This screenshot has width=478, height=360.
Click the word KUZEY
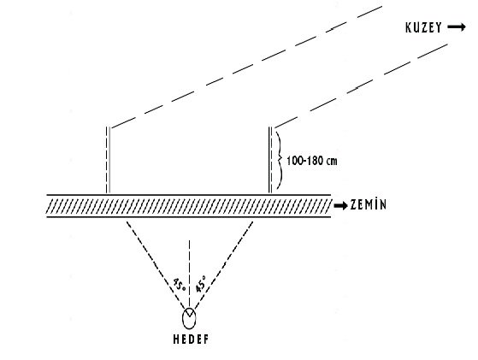(423, 27)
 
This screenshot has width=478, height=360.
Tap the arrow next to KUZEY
(457, 27)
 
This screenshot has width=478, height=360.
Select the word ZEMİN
(369, 204)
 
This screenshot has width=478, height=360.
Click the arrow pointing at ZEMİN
(340, 206)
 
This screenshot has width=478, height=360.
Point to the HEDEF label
(192, 339)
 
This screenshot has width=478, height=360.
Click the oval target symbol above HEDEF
(189, 318)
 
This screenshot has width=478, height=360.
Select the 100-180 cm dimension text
(312, 161)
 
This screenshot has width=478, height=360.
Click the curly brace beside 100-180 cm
(279, 160)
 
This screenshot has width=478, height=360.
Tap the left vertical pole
(108, 160)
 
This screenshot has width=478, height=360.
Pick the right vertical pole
(270, 160)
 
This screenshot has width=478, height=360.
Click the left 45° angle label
(180, 285)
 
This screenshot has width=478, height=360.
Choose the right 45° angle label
(201, 284)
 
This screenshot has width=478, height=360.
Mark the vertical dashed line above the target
(189, 274)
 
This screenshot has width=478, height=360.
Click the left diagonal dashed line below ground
(156, 265)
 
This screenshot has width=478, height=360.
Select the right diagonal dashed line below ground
(223, 265)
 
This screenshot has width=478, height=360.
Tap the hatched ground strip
(189, 206)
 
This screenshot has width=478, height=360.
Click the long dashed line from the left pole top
(246, 67)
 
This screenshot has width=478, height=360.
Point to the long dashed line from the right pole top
(361, 86)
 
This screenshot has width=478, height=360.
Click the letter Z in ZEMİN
(354, 205)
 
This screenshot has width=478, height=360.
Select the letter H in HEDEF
(176, 339)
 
